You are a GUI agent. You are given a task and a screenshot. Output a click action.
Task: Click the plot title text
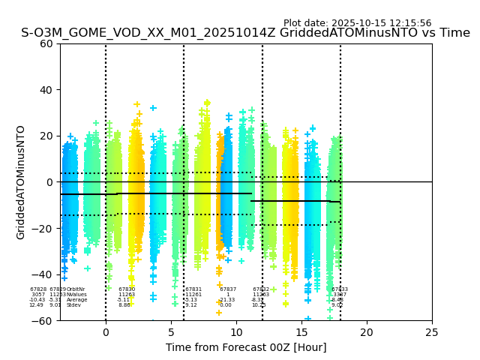[245, 33]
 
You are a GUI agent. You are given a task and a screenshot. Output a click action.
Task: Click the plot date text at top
[357, 23]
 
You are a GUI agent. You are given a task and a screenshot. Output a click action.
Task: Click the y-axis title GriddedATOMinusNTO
[21, 182]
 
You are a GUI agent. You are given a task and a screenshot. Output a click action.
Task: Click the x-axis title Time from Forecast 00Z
[245, 347]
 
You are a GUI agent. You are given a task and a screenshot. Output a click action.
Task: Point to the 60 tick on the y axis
[46, 43]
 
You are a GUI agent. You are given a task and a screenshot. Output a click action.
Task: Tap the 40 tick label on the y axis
[46, 90]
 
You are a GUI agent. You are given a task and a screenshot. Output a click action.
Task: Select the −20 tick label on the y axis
[43, 229]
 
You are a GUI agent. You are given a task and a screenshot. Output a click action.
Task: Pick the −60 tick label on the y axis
[43, 321]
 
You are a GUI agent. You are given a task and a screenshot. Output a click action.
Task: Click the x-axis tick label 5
[171, 332]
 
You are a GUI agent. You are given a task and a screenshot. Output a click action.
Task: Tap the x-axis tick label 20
[367, 332]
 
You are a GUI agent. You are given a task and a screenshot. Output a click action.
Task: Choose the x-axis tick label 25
[432, 332]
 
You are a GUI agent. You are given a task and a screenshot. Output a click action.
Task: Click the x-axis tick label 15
[301, 332]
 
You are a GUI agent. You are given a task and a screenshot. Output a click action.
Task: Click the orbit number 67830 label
[127, 289]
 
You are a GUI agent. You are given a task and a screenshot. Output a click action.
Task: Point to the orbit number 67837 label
[228, 289]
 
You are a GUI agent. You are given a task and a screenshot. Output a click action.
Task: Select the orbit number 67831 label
[193, 289]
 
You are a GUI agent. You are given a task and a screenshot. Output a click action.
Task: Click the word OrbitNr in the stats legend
[76, 289]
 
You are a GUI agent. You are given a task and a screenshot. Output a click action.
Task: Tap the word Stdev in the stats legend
[73, 305]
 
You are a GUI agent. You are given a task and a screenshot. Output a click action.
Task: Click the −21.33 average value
[226, 300]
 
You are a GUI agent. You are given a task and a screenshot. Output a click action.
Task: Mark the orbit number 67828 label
[38, 289]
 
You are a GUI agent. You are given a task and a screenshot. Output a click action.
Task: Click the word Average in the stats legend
[76, 300]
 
